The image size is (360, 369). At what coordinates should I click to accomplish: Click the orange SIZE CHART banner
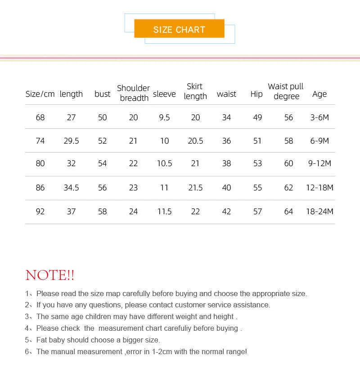coord(179,30)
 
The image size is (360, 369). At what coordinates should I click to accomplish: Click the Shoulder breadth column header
coord(134,93)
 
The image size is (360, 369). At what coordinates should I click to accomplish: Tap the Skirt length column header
coord(195,91)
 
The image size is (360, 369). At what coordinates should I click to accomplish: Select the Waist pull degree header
coord(286,91)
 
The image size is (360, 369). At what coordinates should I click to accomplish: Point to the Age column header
coord(319,94)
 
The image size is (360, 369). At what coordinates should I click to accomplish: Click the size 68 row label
coord(40,117)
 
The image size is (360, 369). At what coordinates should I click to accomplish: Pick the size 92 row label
coord(40,211)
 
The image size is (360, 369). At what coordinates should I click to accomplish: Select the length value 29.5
coord(71,141)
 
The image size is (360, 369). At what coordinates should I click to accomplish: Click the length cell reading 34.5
coord(71,188)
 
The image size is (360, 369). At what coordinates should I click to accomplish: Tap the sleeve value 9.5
coord(164,117)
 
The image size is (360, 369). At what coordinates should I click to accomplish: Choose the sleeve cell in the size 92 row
coord(164,211)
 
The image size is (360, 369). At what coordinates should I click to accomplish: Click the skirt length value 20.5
coord(195,141)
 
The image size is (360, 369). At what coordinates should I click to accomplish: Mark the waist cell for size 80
coord(226,164)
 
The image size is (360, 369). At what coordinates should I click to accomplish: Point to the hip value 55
coord(257,188)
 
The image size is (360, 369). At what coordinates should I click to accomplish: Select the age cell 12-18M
coord(319,188)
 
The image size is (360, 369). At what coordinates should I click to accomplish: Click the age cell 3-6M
coord(319,117)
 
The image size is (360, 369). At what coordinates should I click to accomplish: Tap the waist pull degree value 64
coord(288,211)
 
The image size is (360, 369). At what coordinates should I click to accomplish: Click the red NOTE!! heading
coord(50,275)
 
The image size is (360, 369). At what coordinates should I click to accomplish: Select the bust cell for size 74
coord(103,141)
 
